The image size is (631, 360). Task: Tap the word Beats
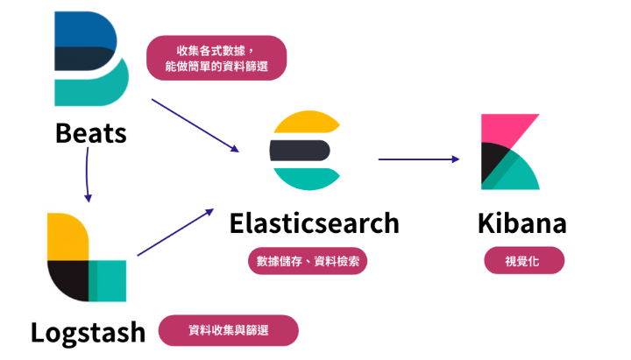90,133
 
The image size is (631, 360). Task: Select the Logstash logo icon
86,257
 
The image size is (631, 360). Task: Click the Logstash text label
88,332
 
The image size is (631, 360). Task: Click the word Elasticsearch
314,222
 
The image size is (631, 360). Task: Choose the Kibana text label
522,222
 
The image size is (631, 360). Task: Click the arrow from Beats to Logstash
88,174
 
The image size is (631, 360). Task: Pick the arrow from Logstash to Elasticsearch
175,232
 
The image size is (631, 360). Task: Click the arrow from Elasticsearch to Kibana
418,159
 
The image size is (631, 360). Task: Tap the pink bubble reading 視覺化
523,261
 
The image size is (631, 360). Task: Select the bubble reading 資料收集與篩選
228,330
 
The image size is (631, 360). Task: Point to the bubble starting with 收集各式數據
216,58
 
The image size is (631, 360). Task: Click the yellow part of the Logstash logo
66,235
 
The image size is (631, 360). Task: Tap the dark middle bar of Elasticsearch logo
299,151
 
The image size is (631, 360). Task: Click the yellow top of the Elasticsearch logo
303,124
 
